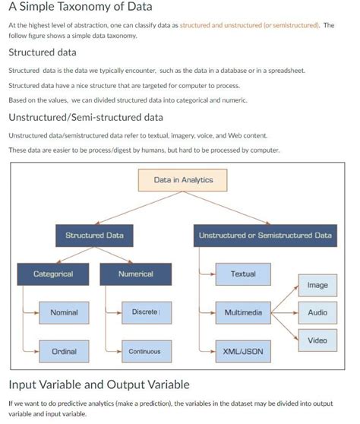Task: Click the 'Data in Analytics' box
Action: coord(183,180)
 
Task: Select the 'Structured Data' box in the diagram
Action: coord(94,236)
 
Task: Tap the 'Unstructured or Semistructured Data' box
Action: coord(265,236)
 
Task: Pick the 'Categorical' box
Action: coord(53,274)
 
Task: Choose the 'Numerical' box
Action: coord(136,274)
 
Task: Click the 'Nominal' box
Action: coord(64,312)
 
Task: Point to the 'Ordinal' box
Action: coord(64,352)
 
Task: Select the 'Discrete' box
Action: coord(144,312)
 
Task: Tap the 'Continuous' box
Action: coord(144,352)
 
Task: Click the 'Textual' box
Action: coord(243,274)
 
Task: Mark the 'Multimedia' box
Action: coord(243,312)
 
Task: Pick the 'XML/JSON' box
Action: coord(243,352)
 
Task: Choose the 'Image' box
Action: coord(317,285)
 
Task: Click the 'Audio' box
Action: coord(317,312)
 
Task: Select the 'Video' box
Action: coord(317,340)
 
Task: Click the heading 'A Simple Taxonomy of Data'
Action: coord(81,8)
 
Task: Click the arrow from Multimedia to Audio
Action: coord(284,312)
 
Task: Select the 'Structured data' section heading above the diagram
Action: coord(42,52)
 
